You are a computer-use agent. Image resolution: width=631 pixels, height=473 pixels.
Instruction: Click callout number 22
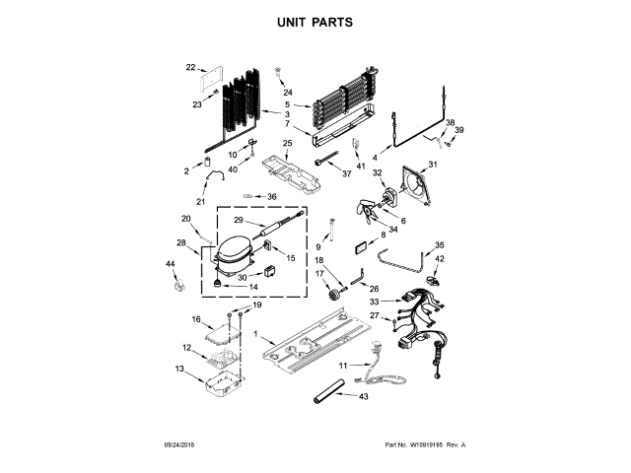tap(191, 67)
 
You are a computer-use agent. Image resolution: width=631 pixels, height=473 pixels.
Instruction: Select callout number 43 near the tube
tap(364, 396)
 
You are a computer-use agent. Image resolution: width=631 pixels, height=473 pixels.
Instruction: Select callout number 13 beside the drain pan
tap(178, 369)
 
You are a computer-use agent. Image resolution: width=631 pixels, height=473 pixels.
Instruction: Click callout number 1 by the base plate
tap(257, 336)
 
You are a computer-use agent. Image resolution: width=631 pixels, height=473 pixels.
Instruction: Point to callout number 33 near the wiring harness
tap(374, 302)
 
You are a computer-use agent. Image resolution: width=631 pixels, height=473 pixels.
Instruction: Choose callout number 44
tap(170, 264)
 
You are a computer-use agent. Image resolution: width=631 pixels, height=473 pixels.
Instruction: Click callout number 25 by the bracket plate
tap(287, 144)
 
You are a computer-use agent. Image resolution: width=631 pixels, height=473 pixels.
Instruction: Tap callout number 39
tap(458, 129)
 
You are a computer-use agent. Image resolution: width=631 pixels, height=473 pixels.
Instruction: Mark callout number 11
tap(344, 365)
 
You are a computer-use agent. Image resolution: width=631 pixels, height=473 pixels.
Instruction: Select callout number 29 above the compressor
tap(238, 220)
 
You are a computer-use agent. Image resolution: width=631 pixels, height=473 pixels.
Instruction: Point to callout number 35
tap(440, 244)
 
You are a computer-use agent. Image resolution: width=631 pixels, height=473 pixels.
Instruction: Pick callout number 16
tap(196, 320)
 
